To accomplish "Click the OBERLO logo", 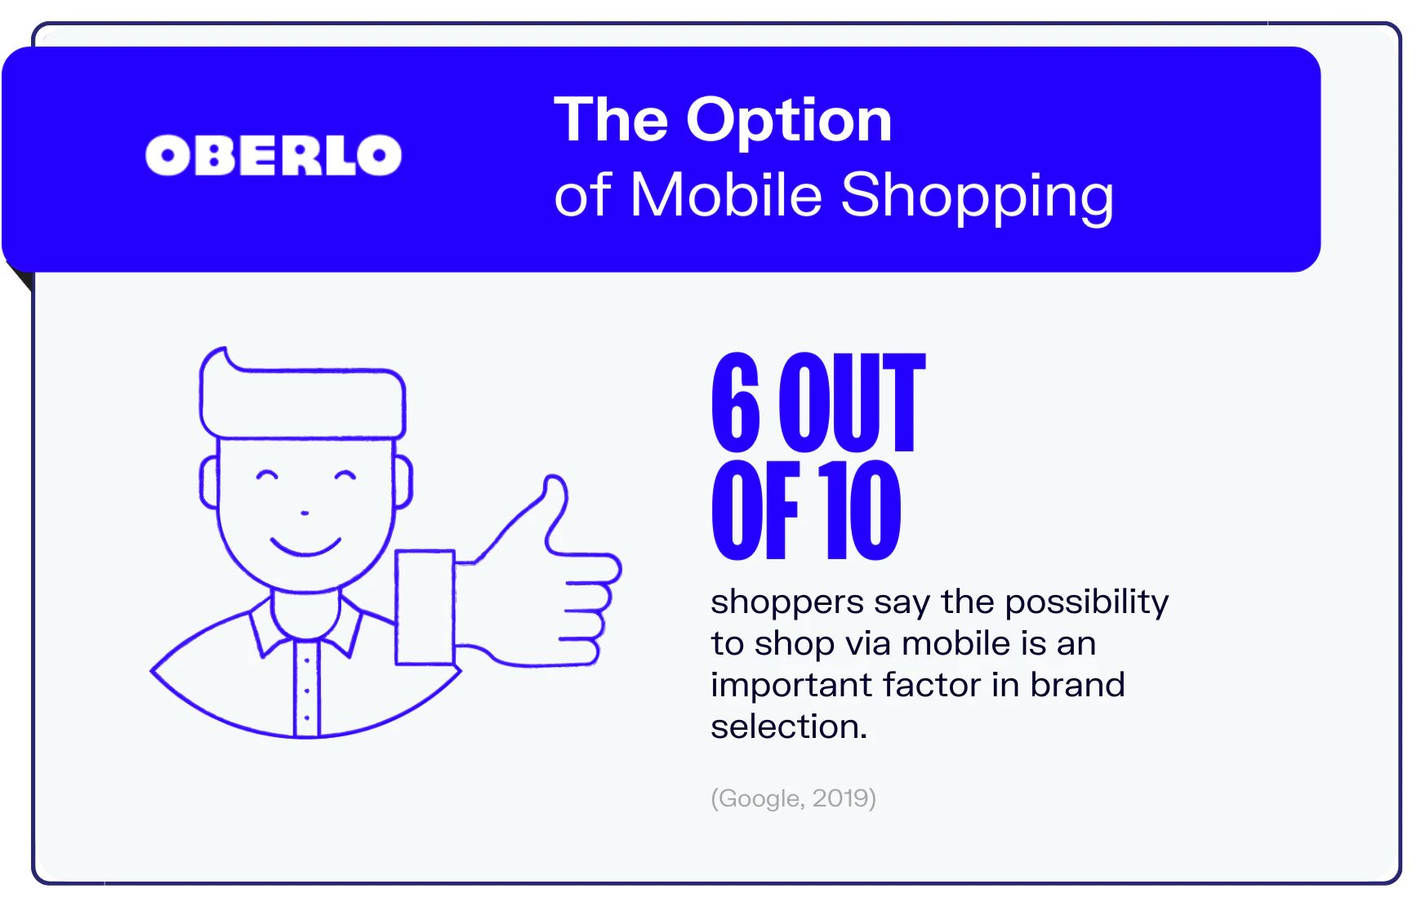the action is pos(274,155).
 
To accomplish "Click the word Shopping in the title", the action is pos(977,198).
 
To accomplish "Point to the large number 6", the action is pos(736,402).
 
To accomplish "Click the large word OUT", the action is pos(852,402).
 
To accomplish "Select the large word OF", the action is pos(755,510).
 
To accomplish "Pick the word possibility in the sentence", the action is pos(1087,603).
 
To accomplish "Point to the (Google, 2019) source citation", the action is pos(793,798).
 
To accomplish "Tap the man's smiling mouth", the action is pos(305,546).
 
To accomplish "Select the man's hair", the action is pos(303,393).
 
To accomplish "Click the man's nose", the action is pos(305,513).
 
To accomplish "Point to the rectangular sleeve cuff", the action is pos(425,607).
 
